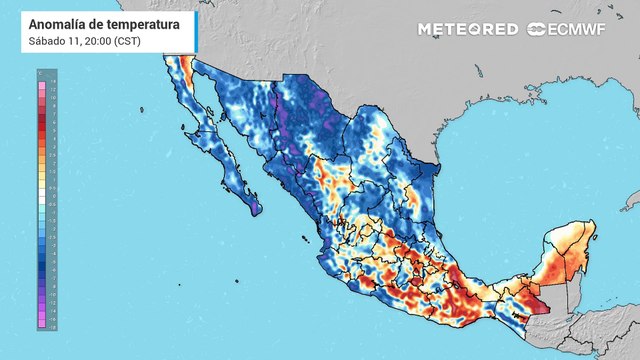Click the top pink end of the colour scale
tap(41, 79)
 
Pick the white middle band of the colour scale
tap(41, 201)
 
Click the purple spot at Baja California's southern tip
tap(255, 209)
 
